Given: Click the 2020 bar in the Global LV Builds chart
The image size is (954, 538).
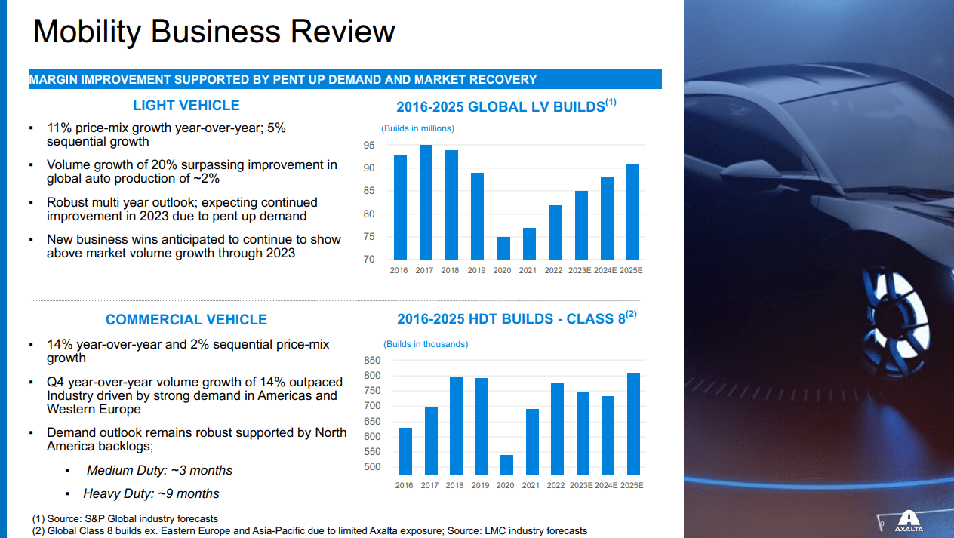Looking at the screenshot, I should coord(503,248).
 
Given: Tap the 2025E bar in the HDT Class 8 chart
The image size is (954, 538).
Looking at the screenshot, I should coord(632,423).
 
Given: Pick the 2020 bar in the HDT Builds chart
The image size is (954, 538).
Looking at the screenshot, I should coord(506,464).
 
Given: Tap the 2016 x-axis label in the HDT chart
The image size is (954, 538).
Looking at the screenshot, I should coord(404,485).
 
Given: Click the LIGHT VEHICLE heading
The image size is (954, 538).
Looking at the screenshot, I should coord(186,106).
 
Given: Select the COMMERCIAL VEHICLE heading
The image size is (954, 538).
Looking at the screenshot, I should coord(186,320).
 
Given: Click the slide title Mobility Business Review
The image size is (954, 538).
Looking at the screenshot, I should coord(214,32).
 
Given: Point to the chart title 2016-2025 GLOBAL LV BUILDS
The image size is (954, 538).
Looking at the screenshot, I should coord(506,106).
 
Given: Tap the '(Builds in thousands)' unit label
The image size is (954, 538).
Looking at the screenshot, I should coord(426,344).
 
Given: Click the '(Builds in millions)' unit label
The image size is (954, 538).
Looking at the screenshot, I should coord(418,128).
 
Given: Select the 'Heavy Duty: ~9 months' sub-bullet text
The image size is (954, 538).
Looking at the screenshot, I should coord(151,494).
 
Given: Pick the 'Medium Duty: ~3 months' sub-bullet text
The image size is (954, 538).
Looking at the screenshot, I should coord(159,471).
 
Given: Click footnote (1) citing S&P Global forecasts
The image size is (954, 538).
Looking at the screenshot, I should coord(125,518).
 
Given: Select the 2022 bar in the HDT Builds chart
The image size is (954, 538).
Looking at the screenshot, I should coord(557,428).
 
